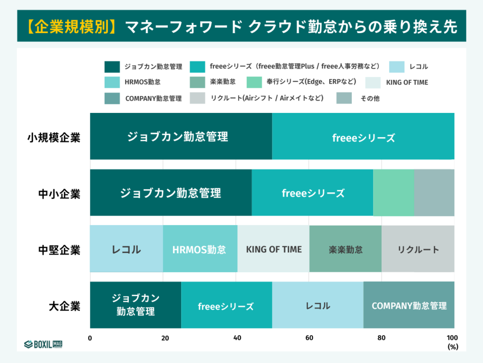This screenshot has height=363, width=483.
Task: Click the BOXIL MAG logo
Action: pos(43,344)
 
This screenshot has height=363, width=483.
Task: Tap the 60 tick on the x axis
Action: pos(309,338)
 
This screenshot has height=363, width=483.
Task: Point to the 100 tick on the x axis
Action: pos(452,338)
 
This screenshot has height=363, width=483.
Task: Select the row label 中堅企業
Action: pos(59,250)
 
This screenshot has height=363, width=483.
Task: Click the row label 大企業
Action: pos(65,306)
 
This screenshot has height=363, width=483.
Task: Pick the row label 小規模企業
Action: pos(54,138)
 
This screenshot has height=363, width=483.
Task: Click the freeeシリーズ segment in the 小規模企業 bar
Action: pos(363,138)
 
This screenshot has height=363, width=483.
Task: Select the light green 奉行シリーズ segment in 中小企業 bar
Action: pos(393,193)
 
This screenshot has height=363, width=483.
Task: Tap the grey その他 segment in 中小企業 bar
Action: pos(434,193)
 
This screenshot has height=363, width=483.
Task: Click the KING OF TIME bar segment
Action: pos(274,249)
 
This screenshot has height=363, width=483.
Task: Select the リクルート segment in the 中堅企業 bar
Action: pos(418,249)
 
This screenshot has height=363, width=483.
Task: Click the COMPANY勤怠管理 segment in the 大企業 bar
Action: pos(408,305)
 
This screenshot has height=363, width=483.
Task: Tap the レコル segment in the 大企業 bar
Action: pos(317,305)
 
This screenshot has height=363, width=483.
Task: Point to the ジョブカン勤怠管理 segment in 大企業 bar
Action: pos(135,305)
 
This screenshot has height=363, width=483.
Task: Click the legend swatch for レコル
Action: pos(398,67)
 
